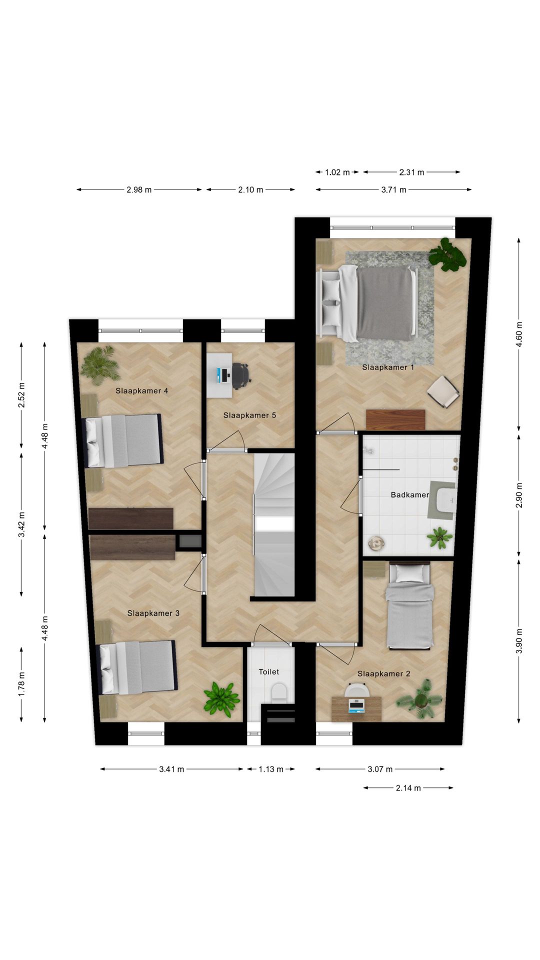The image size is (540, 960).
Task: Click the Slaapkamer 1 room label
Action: [x=388, y=367]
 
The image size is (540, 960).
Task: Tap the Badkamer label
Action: [x=409, y=495]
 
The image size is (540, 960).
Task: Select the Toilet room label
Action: [x=269, y=672]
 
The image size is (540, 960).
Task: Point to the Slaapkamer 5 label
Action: [x=249, y=415]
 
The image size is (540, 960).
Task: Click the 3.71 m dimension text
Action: [x=393, y=189]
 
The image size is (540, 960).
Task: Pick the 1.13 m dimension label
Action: [x=270, y=769]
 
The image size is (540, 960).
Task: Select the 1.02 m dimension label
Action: [x=337, y=172]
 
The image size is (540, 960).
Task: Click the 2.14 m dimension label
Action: [x=408, y=788]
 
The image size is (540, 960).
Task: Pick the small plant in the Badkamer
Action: [x=439, y=537]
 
